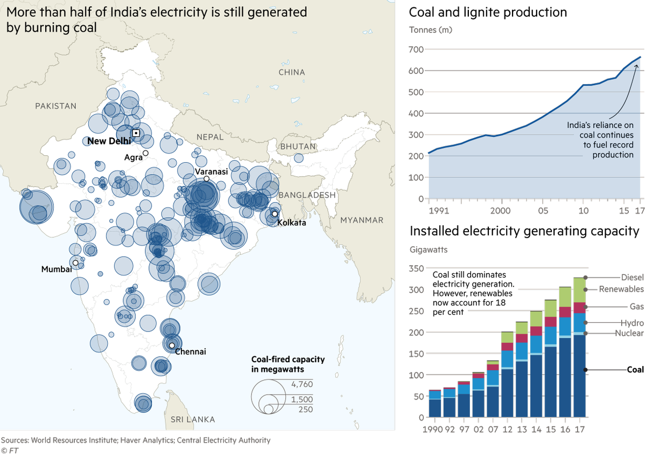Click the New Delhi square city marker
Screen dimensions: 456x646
pyautogui.click(x=136, y=133)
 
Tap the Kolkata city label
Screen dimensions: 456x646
pyautogui.click(x=288, y=222)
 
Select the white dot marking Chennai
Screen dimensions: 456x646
pyautogui.click(x=172, y=345)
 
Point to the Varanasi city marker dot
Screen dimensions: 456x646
pyautogui.click(x=206, y=179)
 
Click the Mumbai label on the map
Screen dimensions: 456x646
pyautogui.click(x=57, y=269)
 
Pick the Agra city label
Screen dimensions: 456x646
pyautogui.click(x=133, y=157)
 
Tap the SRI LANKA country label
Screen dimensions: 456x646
pyautogui.click(x=193, y=419)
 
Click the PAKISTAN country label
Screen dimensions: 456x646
pyautogui.click(x=56, y=106)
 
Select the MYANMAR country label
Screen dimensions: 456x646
pyautogui.click(x=361, y=220)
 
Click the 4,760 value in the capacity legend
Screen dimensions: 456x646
pyautogui.click(x=301, y=384)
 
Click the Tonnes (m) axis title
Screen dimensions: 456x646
pyautogui.click(x=431, y=30)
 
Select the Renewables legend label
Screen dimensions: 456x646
pyautogui.click(x=621, y=289)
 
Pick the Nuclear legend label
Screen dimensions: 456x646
pyautogui.click(x=629, y=334)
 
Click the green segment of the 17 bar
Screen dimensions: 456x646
pyautogui.click(x=579, y=290)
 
